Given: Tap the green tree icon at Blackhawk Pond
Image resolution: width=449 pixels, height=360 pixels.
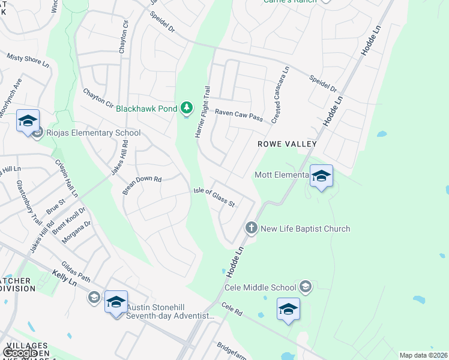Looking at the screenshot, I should pos(187,108).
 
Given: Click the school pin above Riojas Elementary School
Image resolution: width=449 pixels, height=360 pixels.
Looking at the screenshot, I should pos(28,122).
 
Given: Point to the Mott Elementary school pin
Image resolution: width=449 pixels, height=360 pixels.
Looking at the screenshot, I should pos(321,176).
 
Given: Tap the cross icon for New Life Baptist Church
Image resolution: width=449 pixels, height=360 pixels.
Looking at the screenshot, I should pos(251,228).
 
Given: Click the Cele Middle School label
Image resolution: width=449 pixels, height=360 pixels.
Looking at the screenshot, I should pos(261,287).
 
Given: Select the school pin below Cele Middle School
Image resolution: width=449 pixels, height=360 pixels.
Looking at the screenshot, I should pos(288,310).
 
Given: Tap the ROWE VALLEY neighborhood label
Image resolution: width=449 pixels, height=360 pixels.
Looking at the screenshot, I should pos(287,145).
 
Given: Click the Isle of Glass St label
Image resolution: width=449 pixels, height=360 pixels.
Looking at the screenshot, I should pos(214,197).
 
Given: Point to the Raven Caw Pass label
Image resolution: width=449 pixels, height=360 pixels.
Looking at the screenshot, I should pos(239,115).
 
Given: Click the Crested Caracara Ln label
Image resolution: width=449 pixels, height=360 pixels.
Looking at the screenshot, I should pos(280,95).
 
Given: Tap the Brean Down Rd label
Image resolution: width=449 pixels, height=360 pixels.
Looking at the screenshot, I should pos(143,184).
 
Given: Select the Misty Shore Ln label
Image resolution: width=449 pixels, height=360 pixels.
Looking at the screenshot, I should pos(28,62).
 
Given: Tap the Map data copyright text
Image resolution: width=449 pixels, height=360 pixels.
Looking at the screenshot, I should pos(423,355).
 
